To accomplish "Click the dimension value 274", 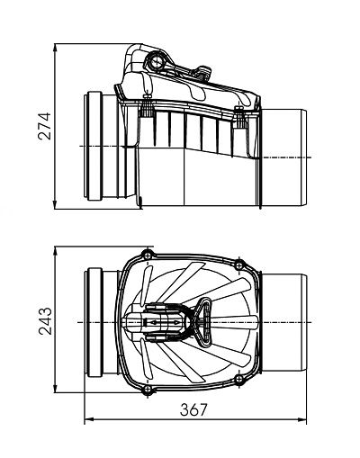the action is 45,126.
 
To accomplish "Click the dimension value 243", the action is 45,321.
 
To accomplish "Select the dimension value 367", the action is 193,409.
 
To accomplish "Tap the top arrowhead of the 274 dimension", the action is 55,49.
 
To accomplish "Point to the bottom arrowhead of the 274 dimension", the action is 55,205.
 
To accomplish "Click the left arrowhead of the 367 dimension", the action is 89,419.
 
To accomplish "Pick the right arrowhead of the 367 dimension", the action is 302,419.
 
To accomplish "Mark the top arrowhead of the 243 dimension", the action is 55,251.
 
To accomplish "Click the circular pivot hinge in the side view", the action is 157,62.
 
